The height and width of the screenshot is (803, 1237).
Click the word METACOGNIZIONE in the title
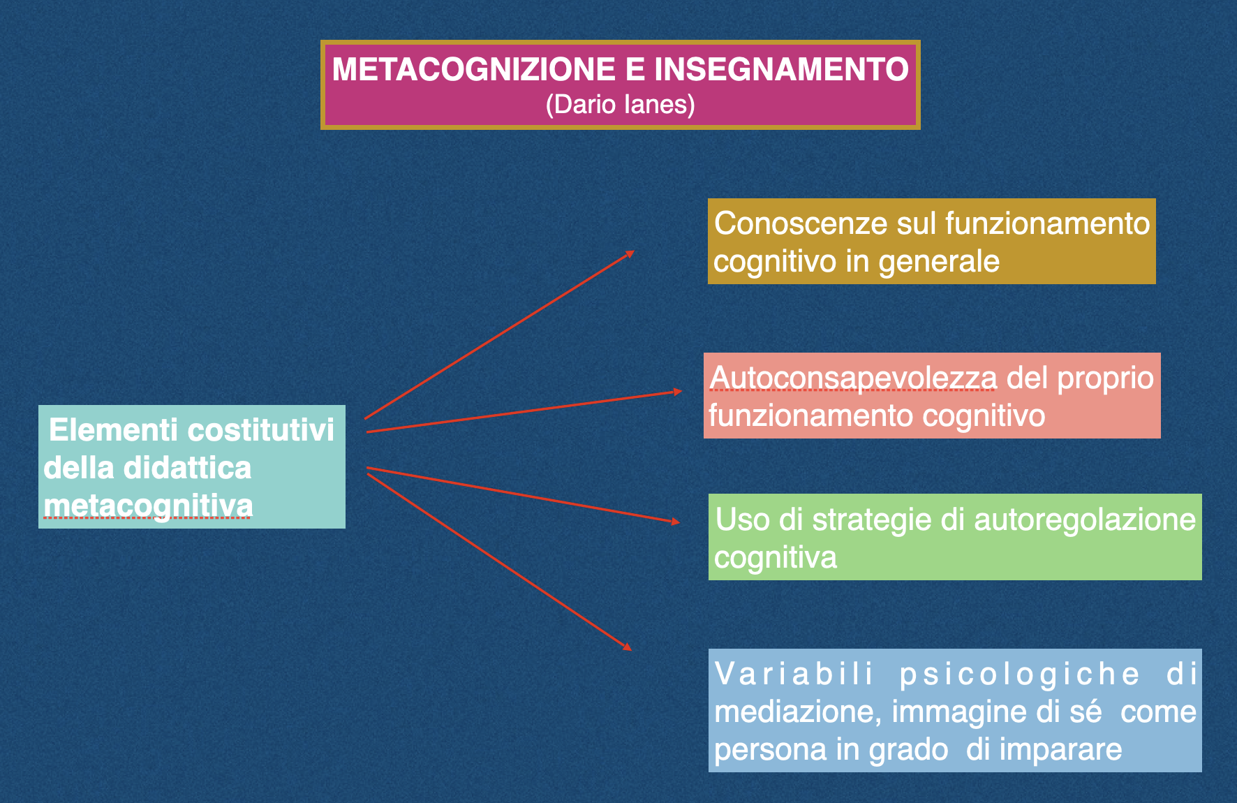(474, 69)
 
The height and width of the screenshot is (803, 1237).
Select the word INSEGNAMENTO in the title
(781, 69)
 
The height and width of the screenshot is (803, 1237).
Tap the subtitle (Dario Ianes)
(620, 105)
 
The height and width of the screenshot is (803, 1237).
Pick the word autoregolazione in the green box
(1085, 520)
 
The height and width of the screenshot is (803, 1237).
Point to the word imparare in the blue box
(1060, 750)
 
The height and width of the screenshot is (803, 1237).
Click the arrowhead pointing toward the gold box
(629, 255)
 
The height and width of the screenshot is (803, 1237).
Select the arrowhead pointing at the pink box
(677, 392)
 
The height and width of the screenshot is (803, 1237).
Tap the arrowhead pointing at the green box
(675, 521)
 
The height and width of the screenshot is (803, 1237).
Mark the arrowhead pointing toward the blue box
(627, 647)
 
